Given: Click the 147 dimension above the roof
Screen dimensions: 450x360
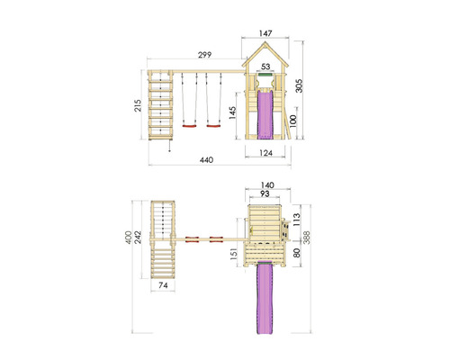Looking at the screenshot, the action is pyautogui.click(x=265, y=33).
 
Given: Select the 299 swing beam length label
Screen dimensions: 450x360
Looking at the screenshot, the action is pyautogui.click(x=204, y=55).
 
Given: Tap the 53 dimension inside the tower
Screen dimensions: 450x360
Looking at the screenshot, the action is pyautogui.click(x=265, y=67).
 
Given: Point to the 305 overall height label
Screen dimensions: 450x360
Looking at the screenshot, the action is pyautogui.click(x=299, y=86).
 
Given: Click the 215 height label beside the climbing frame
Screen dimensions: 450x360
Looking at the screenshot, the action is pyautogui.click(x=138, y=105).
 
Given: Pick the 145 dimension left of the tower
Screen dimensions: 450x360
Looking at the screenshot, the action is pyautogui.click(x=232, y=112).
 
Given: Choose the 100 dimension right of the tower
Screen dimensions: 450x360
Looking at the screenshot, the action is pyautogui.click(x=292, y=121).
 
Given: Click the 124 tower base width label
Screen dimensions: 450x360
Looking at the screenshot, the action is pyautogui.click(x=265, y=153).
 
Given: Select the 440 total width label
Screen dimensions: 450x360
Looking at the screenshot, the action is pyautogui.click(x=207, y=160).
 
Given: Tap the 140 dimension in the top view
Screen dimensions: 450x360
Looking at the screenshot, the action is pyautogui.click(x=267, y=185).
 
